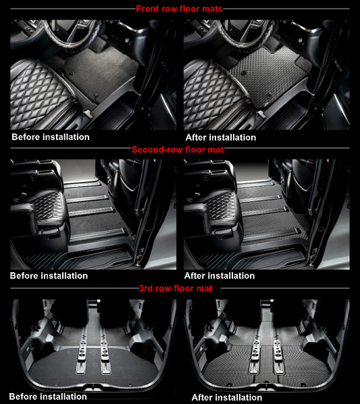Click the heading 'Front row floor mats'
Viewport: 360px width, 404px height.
[x=179, y=9]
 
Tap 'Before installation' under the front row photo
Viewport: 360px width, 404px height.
[x=51, y=137]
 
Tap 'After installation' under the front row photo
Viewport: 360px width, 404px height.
[x=220, y=137]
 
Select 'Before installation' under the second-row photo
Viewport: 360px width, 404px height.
[x=49, y=276]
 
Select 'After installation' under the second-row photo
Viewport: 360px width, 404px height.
[x=220, y=276]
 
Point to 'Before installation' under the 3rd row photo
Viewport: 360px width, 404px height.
[x=48, y=397]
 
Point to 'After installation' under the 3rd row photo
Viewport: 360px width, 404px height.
[x=227, y=397]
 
